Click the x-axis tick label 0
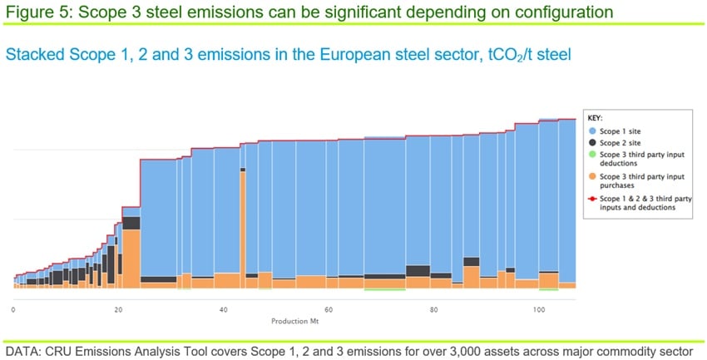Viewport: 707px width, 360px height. (13, 309)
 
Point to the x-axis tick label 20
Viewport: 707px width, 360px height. (118, 309)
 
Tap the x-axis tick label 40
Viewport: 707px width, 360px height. (224, 309)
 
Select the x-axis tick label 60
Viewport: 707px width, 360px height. (329, 309)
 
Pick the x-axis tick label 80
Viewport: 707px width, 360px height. (434, 309)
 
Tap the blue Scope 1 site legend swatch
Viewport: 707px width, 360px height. (593, 131)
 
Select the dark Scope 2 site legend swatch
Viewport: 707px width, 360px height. (593, 143)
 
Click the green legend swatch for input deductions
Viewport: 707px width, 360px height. (593, 155)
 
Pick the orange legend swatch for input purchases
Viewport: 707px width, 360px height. (593, 175)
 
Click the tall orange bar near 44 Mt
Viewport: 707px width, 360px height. (242, 224)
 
